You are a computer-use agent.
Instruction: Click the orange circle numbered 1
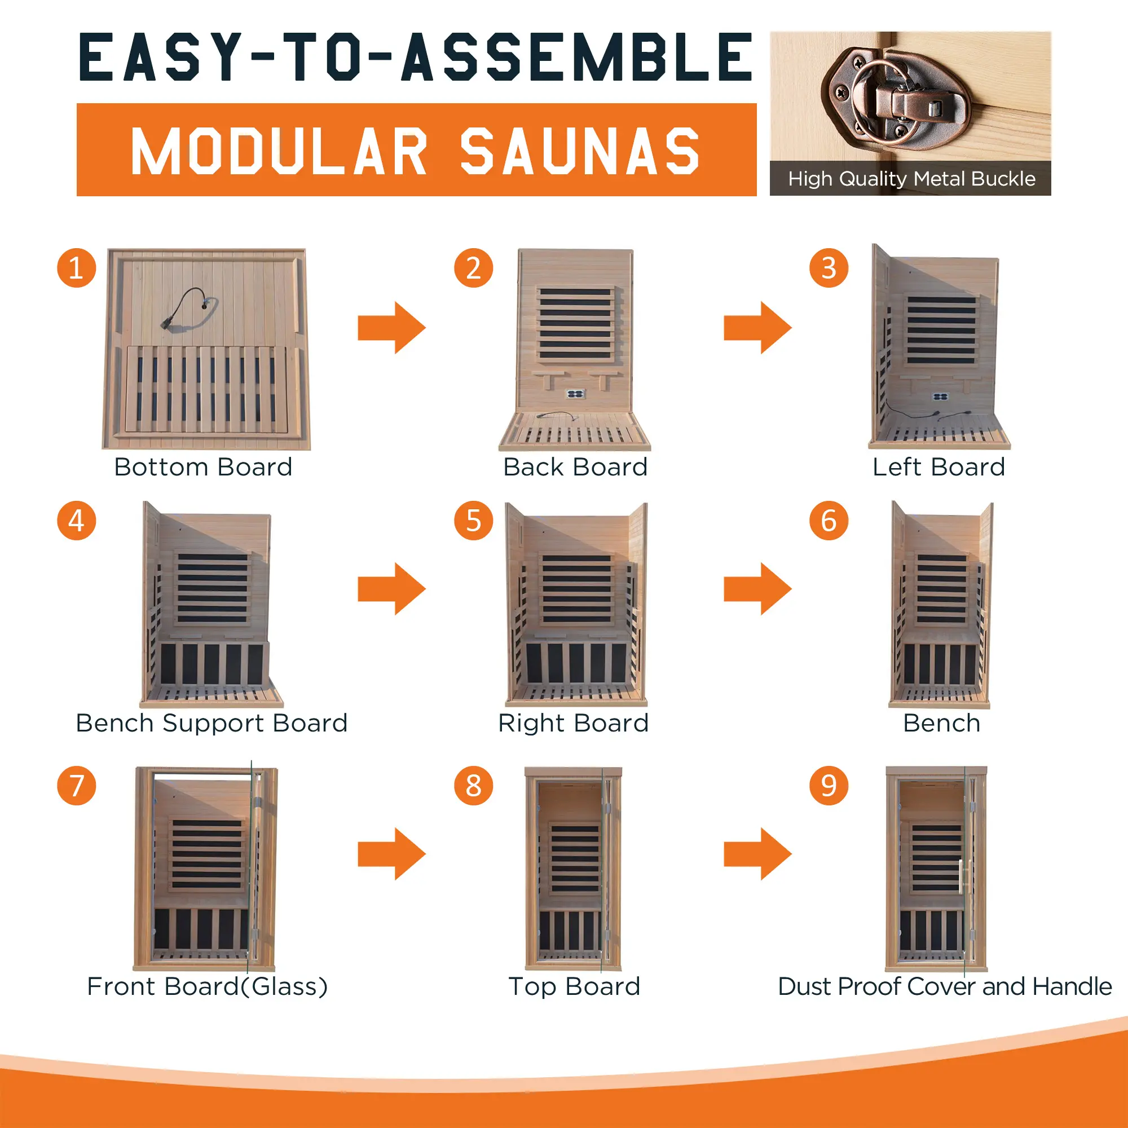[x=77, y=268]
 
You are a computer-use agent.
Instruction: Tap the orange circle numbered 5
[x=474, y=520]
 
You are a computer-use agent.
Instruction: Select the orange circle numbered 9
[x=829, y=785]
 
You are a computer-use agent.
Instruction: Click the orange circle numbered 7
[x=77, y=785]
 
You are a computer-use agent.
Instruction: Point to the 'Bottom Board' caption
[x=203, y=467]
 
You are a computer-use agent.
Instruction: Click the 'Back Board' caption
[x=576, y=467]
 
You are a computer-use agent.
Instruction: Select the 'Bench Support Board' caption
[x=212, y=724]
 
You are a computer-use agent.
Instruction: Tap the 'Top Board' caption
[x=575, y=986]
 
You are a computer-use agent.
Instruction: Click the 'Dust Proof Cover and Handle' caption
[x=945, y=986]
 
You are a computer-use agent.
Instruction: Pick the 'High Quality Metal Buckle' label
[x=911, y=179]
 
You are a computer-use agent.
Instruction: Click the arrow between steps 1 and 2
[x=392, y=328]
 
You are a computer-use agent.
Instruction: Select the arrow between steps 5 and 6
[x=758, y=588]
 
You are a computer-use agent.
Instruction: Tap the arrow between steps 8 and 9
[x=758, y=853]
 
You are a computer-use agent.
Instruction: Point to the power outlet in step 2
[x=575, y=394]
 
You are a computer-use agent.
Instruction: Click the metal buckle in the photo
[x=895, y=96]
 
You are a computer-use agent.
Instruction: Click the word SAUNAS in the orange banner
[x=580, y=151]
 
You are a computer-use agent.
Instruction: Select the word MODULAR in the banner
[x=279, y=151]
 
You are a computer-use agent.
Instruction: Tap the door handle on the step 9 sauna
[x=961, y=876]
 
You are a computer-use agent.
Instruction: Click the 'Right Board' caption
[x=574, y=724]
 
